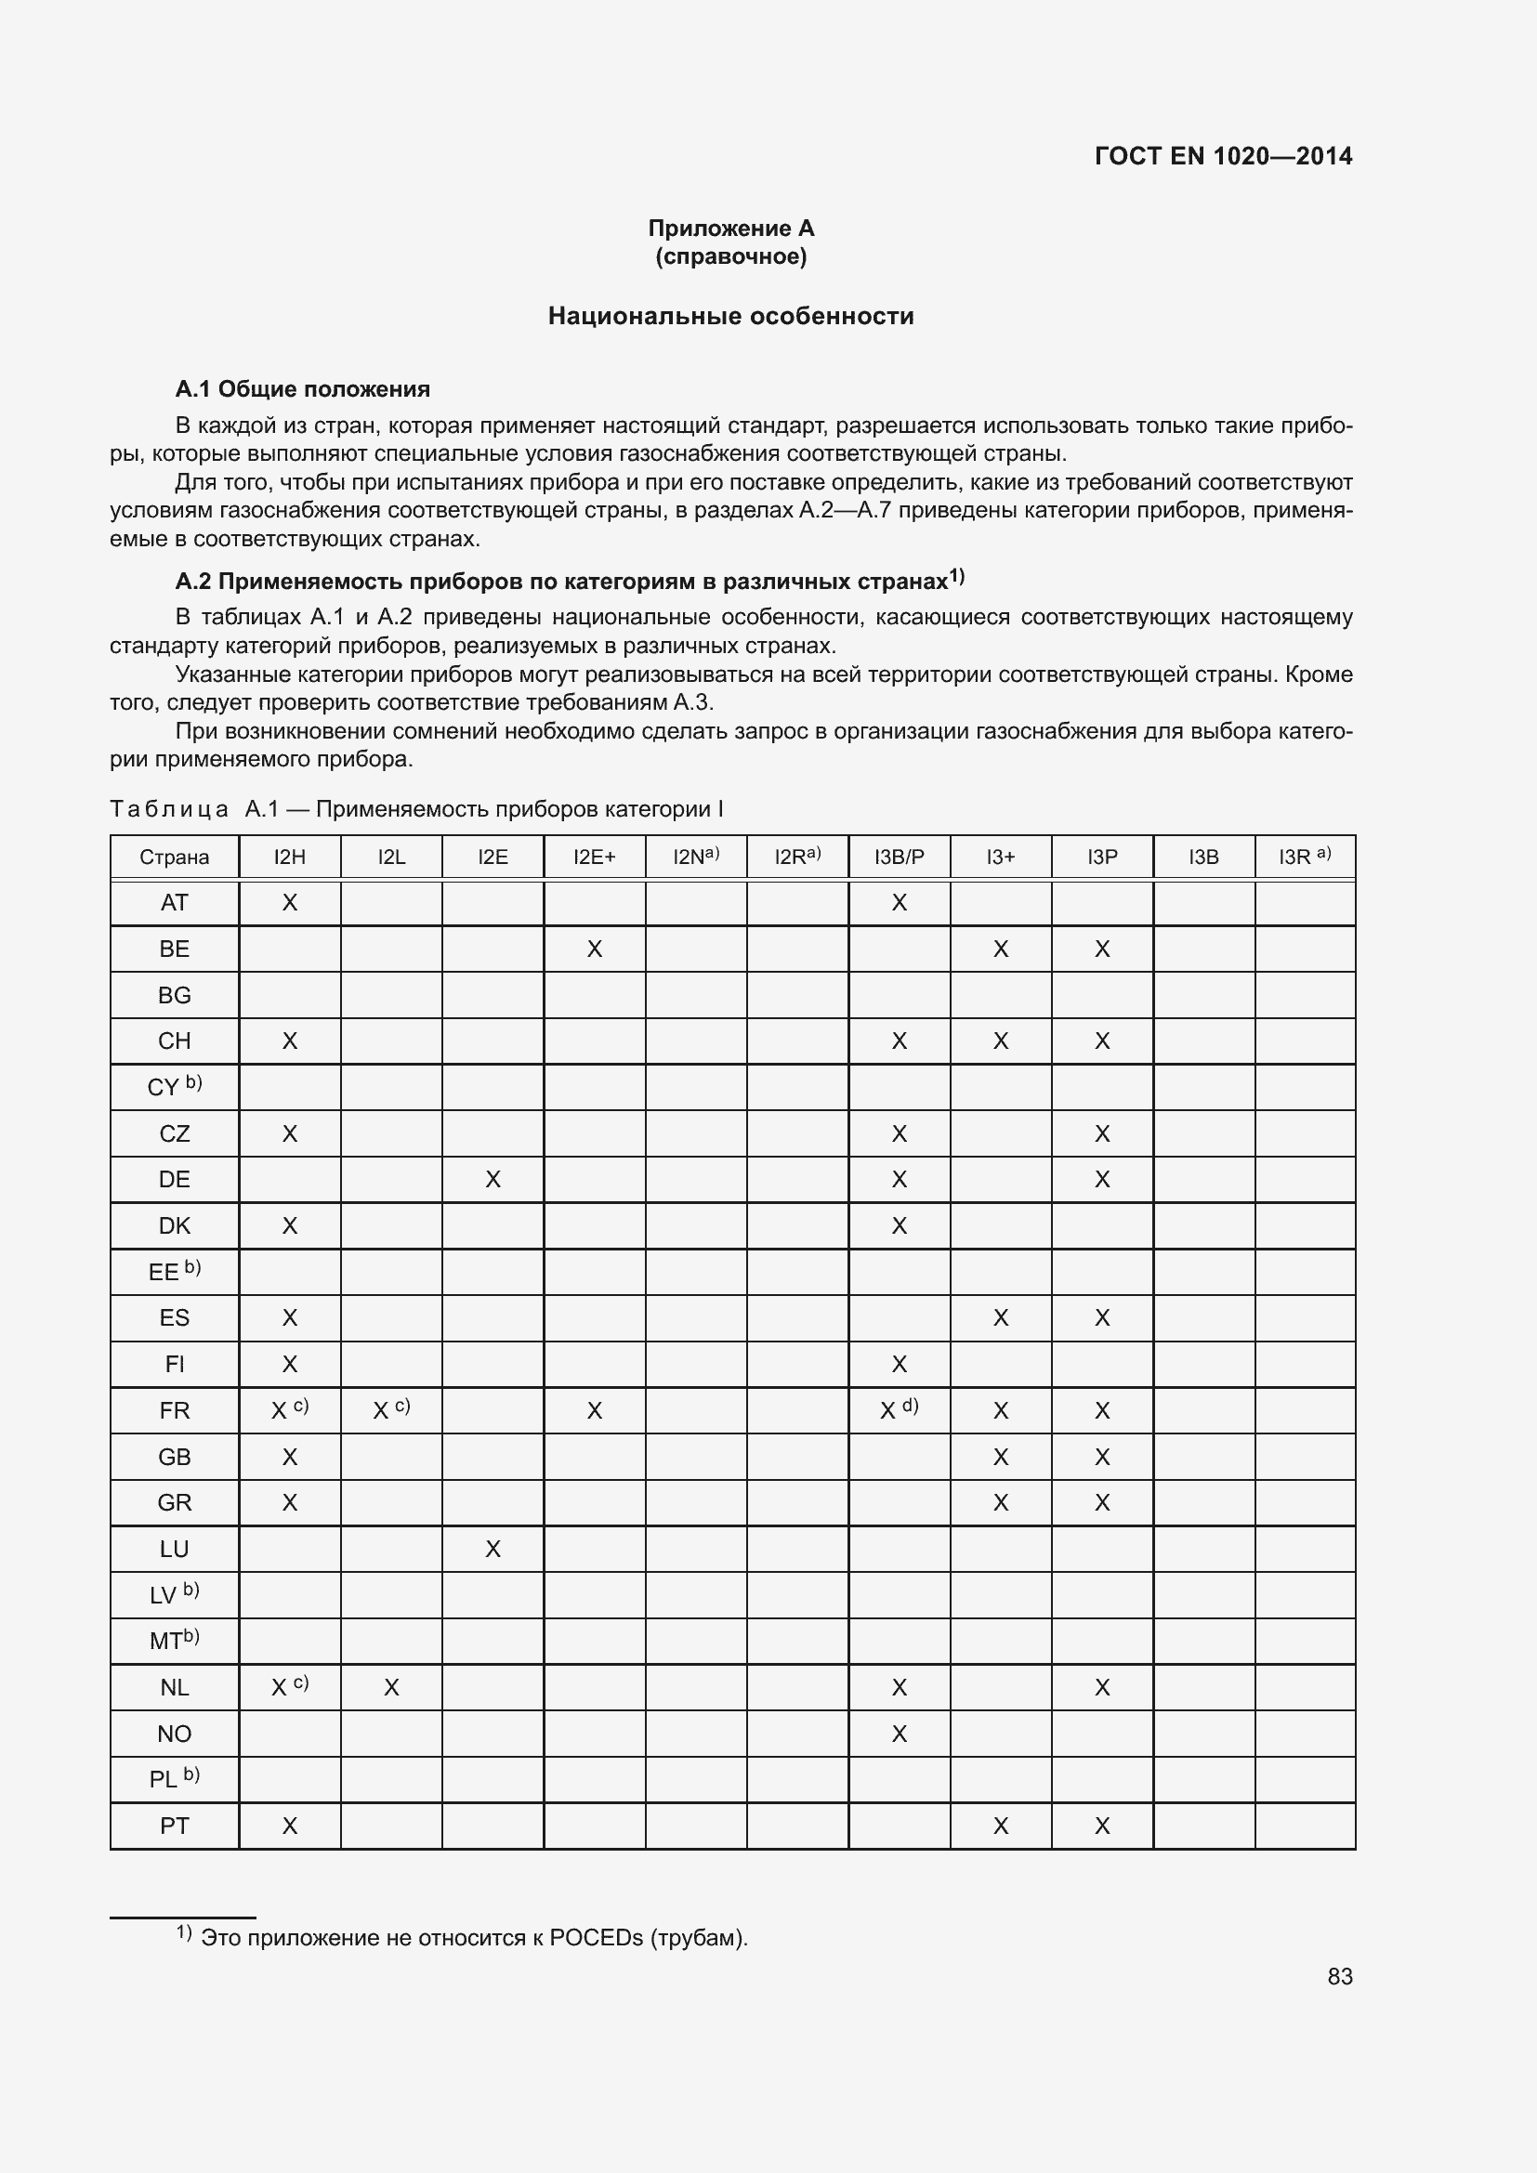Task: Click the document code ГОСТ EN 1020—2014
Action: pos(1223,156)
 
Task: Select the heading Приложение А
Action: pos(730,229)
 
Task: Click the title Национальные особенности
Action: pos(730,316)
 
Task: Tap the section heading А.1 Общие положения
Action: pos(302,389)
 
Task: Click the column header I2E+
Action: pos(595,857)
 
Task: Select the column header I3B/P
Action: pos(900,857)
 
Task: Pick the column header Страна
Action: pos(174,857)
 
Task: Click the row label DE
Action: pos(174,1179)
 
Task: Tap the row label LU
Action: pos(174,1550)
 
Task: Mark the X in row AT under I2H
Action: pos(290,903)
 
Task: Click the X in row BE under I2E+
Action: pos(595,949)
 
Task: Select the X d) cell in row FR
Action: pos(899,1410)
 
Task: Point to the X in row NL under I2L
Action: pos(391,1687)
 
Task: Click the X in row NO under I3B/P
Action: pos(900,1734)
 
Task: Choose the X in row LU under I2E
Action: pos(493,1550)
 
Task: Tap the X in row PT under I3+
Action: pos(1001,1826)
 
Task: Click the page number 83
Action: pos(1339,1976)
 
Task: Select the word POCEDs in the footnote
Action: pos(597,1937)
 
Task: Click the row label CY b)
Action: pos(174,1087)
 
